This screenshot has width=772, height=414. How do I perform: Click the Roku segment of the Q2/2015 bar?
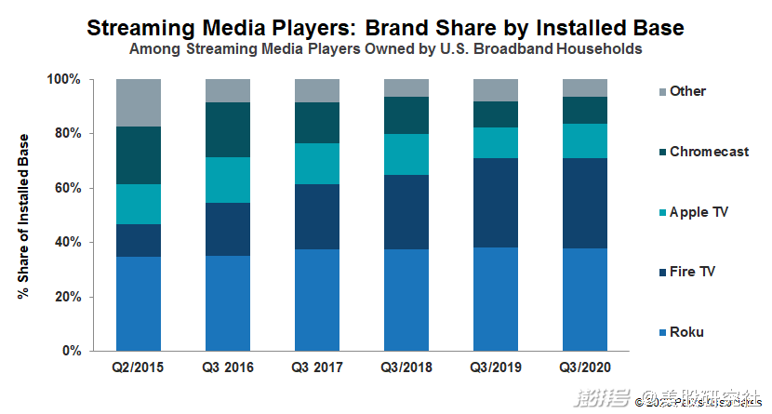pyautogui.click(x=139, y=303)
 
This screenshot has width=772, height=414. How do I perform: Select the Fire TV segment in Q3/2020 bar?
pyautogui.click(x=585, y=203)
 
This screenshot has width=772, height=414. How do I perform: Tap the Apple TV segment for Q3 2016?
pyautogui.click(x=228, y=180)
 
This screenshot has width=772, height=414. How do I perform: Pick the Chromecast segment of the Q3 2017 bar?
pyautogui.click(x=317, y=122)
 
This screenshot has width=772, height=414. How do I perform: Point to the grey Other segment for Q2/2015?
pyautogui.click(x=139, y=102)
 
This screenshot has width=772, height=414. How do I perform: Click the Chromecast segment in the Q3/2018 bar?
pyautogui.click(x=406, y=114)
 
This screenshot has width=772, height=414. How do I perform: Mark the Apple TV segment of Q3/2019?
pyautogui.click(x=496, y=142)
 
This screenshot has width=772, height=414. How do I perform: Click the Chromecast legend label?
pyautogui.click(x=709, y=152)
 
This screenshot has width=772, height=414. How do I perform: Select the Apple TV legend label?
pyautogui.click(x=699, y=212)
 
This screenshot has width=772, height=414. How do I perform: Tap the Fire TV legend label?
pyautogui.click(x=693, y=272)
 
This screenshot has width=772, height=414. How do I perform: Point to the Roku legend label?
pyautogui.click(x=686, y=332)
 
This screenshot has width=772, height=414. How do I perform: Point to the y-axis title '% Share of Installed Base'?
pyautogui.click(x=22, y=215)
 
